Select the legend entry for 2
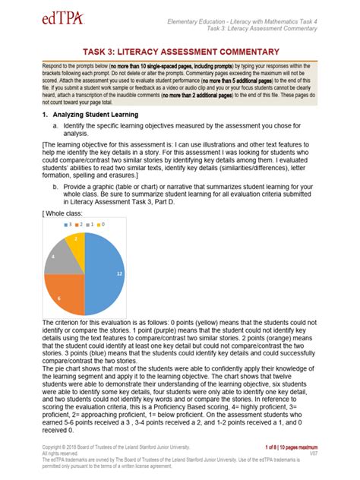82,224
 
